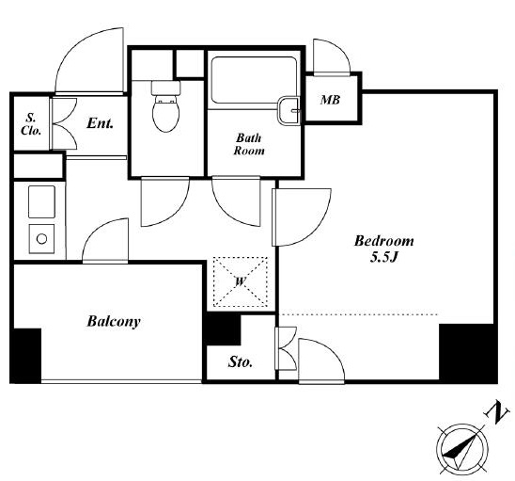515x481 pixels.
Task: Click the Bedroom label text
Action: [x=384, y=242]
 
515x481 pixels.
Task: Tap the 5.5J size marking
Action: [x=384, y=258]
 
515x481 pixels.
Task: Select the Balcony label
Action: [x=114, y=321]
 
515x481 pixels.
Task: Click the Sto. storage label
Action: [x=241, y=362]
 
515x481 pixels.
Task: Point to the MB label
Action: [x=331, y=100]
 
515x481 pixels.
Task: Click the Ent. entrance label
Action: [x=101, y=123]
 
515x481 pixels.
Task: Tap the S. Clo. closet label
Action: [x=31, y=124]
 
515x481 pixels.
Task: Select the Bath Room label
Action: [x=249, y=144]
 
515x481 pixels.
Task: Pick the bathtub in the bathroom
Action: [x=254, y=80]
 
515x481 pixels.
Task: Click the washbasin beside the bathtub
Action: [x=289, y=111]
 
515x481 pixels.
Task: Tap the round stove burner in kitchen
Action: [x=41, y=239]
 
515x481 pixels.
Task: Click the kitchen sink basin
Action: [x=41, y=201]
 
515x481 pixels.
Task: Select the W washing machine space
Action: [x=241, y=281]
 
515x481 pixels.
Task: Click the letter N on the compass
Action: [x=497, y=412]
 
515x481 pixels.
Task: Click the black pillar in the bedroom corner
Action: [x=467, y=353]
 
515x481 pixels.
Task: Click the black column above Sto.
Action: [x=223, y=329]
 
